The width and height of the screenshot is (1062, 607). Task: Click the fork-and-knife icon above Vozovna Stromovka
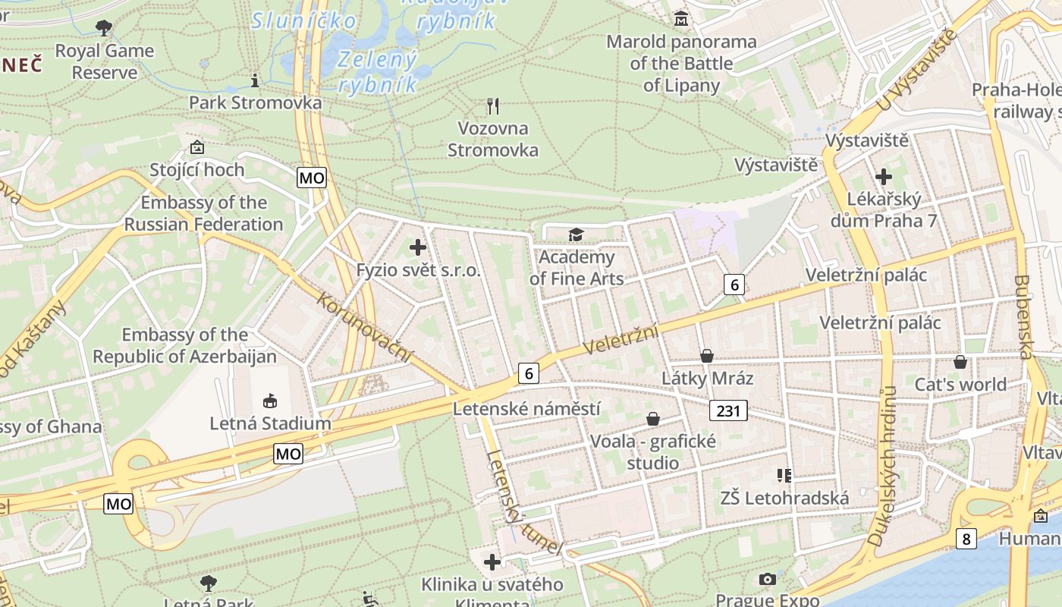click(x=493, y=105)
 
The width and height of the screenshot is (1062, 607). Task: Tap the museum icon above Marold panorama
click(x=680, y=18)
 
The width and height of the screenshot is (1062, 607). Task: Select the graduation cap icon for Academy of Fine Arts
click(x=577, y=234)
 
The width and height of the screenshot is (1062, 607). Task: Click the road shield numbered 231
click(x=729, y=410)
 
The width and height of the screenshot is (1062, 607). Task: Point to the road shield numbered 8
click(x=966, y=539)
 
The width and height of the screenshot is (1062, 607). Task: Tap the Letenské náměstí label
click(x=526, y=409)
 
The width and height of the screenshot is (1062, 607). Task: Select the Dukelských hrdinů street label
click(x=882, y=466)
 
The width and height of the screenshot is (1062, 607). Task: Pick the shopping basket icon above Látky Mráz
click(x=707, y=355)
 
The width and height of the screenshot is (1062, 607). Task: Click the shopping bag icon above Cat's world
click(x=960, y=362)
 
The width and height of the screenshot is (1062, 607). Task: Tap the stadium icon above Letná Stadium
click(x=269, y=401)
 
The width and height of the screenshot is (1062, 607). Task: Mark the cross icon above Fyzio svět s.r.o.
click(x=418, y=247)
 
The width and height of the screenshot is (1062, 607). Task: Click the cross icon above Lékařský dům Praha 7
click(x=884, y=177)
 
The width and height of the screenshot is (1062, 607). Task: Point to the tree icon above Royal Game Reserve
click(x=104, y=28)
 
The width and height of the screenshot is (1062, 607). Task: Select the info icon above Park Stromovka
click(x=255, y=80)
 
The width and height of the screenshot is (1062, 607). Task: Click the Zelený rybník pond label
click(x=378, y=71)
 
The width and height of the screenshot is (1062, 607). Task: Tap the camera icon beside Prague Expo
click(x=768, y=580)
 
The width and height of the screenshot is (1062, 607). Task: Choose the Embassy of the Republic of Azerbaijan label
click(x=184, y=345)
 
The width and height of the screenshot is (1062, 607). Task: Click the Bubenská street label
click(x=1024, y=316)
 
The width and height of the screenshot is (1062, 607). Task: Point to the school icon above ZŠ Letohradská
click(x=784, y=476)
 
